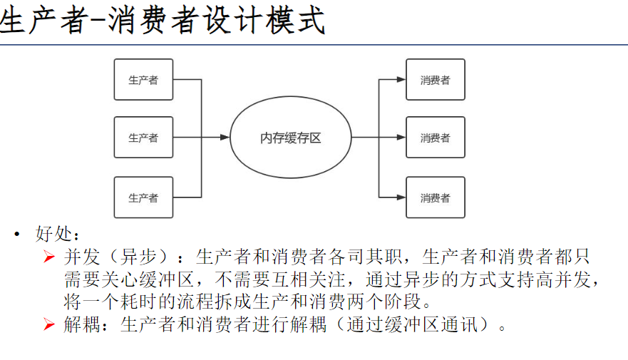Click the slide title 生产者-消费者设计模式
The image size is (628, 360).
pos(163,21)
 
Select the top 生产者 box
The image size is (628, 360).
pos(143,80)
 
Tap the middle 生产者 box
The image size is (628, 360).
pos(143,138)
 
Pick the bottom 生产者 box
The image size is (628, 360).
pos(143,197)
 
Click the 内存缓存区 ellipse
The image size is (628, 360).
pos(291,138)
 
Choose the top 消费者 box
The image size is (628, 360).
pos(435,80)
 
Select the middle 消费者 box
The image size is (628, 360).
pos(435,138)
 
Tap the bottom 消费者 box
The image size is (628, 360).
pos(435,197)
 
